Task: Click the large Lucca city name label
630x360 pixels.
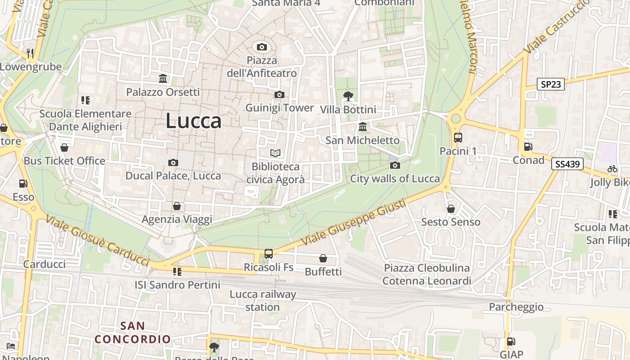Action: pos(193,121)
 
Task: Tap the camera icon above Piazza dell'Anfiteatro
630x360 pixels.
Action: pos(261,47)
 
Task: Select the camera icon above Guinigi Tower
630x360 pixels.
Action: pos(279,94)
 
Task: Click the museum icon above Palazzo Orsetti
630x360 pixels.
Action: pos(163,79)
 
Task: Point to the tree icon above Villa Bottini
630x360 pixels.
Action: pos(348,96)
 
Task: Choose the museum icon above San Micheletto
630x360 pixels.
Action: pos(363,126)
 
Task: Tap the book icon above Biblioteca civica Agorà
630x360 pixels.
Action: pos(275,153)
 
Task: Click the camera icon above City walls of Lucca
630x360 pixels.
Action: pos(395,165)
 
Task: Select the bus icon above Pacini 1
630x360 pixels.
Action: pos(458,138)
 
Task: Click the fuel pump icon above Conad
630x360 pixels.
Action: pos(528,147)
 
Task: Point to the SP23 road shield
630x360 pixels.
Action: pos(551,84)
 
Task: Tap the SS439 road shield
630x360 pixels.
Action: pos(567,164)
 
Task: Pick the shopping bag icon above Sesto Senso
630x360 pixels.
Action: pos(450,209)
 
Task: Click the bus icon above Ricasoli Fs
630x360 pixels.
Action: pos(269,254)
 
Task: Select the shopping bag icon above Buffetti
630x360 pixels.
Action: pos(323,258)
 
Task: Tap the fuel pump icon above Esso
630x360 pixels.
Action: pos(23,184)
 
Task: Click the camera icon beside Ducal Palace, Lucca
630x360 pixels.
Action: pos(173,162)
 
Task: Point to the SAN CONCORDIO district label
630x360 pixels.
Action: pos(133,332)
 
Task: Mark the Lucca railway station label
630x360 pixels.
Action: pos(263,301)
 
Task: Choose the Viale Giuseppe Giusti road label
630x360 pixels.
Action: pos(354,223)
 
